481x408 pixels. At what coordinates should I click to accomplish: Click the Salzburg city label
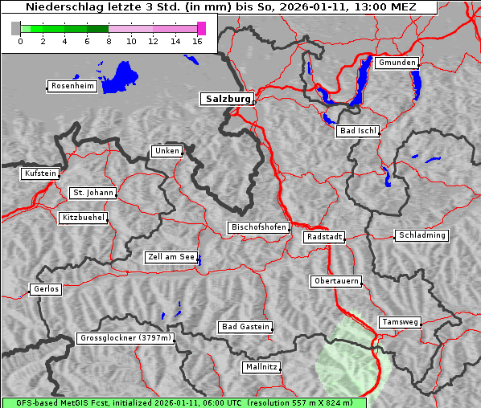[x=226, y=99]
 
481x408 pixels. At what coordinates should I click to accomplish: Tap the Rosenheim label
[x=72, y=86]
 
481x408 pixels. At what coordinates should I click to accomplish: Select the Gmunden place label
[x=397, y=63]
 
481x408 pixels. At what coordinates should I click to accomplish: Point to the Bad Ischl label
[x=357, y=131]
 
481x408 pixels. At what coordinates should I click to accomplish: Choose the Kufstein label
[x=40, y=173]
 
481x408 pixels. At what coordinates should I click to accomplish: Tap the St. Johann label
[x=92, y=193]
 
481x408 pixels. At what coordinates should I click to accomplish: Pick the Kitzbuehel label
[x=84, y=218]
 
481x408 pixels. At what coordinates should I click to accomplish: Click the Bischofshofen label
[x=258, y=228]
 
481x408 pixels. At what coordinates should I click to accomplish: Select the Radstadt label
[x=324, y=237]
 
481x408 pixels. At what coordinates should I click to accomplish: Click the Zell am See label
[x=171, y=257]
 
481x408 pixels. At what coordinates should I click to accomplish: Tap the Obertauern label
[x=335, y=282]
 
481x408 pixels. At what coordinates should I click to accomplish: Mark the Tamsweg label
[x=399, y=322]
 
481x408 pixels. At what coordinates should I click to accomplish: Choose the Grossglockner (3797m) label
[x=125, y=338]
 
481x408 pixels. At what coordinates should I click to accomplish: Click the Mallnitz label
[x=261, y=367]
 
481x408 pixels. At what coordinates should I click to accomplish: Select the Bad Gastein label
[x=245, y=327]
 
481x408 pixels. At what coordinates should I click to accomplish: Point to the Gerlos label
[x=46, y=289]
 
